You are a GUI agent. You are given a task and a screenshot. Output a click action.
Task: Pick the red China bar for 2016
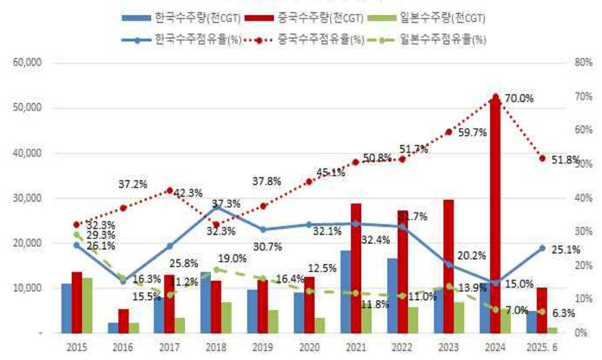coord(123,321)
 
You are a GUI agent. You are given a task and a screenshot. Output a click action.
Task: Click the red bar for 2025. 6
coord(542,310)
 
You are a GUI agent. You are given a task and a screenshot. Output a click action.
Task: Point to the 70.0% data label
coord(519,99)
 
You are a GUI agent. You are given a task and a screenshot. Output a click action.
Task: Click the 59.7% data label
coord(472,133)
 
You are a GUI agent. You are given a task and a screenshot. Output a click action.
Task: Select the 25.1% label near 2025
coord(565,250)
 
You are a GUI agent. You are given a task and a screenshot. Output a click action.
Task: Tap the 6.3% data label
coord(563,313)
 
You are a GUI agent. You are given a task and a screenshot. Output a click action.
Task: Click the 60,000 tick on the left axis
coord(28,63)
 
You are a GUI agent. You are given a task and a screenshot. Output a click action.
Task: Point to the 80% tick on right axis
coord(583,63)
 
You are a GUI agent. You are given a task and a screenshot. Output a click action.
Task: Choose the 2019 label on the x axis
coord(263,347)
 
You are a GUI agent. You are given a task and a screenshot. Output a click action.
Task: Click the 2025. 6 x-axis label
coord(542,347)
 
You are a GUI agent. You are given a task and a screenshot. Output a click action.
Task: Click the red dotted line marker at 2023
coord(448,132)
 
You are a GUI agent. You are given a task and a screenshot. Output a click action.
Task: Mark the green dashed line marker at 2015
coord(76,235)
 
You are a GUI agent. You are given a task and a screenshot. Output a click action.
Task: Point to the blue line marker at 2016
coord(123,281)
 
